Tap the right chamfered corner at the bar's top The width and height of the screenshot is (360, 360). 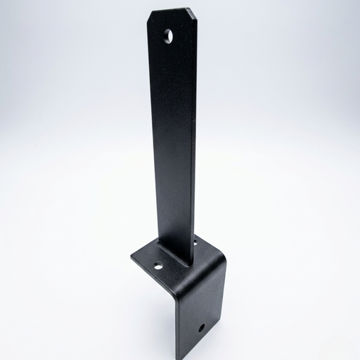click(192, 12)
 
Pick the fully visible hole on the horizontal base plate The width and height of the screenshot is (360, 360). click(158, 266)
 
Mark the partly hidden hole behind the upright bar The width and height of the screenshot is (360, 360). click(195, 243)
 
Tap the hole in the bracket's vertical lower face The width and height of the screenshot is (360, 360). click(202, 328)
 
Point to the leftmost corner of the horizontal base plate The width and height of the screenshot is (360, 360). click(131, 259)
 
